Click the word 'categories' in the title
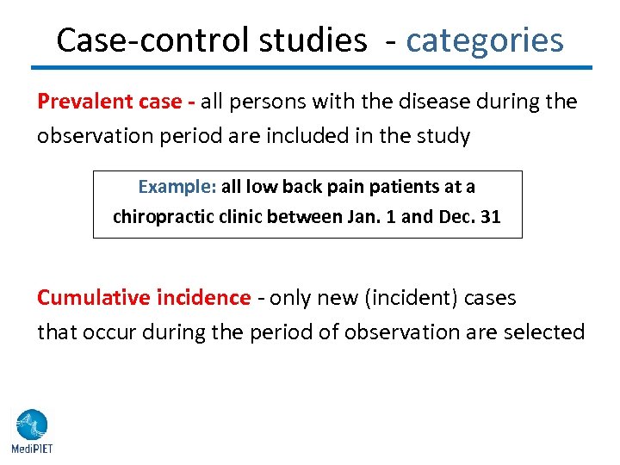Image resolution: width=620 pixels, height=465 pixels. click(485, 40)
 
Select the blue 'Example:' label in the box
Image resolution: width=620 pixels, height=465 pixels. click(177, 187)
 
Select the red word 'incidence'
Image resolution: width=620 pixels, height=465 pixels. click(203, 298)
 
